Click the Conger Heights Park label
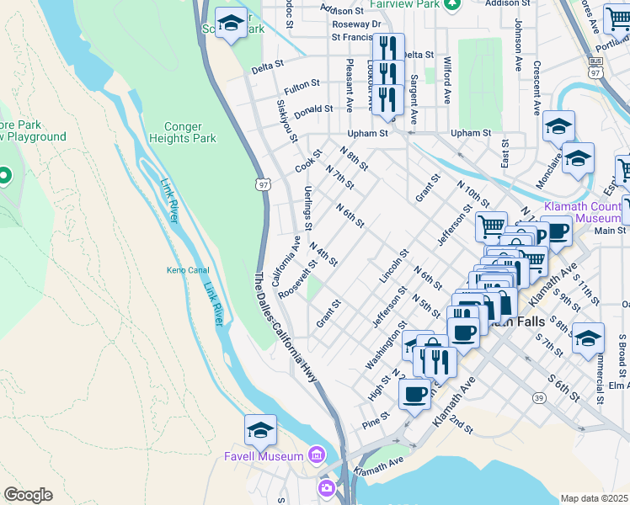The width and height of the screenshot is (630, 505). tap(183, 132)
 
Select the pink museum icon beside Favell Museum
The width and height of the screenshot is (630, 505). tap(317, 455)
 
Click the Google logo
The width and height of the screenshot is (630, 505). tap(28, 495)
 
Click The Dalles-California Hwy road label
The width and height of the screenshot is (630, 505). tap(287, 328)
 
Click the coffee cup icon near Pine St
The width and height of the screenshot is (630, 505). tap(414, 394)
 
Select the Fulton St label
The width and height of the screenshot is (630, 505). tap(302, 85)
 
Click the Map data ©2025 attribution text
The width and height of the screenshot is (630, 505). tap(594, 498)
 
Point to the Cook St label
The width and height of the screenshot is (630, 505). tap(309, 162)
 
